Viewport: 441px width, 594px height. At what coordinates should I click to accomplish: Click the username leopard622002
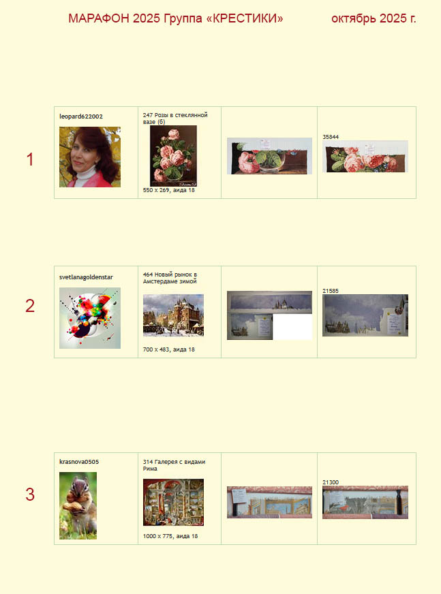[80, 116]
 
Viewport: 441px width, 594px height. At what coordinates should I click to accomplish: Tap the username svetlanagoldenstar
[86, 277]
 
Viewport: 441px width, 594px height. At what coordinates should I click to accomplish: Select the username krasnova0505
[79, 462]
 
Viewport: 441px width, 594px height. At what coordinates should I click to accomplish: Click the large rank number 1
[30, 159]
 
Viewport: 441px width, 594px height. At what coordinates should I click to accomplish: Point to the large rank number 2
[30, 306]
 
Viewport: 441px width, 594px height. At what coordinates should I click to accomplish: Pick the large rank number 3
[30, 495]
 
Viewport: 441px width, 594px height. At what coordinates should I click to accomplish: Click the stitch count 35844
[331, 137]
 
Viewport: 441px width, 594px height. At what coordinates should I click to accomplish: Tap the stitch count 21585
[331, 291]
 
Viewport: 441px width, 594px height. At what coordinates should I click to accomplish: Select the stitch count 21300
[331, 482]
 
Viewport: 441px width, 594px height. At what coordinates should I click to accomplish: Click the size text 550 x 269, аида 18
[169, 190]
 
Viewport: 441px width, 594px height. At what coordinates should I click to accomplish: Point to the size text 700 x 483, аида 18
[169, 349]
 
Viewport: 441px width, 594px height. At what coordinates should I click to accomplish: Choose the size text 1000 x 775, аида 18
[170, 536]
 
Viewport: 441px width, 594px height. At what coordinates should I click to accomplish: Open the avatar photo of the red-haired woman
[90, 157]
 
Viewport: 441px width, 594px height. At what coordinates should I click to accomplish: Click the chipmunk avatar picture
[78, 505]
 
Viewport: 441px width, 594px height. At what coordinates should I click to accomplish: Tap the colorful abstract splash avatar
[90, 318]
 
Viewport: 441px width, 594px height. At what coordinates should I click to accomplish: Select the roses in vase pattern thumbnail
[173, 156]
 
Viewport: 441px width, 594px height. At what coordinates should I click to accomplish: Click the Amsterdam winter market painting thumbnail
[173, 315]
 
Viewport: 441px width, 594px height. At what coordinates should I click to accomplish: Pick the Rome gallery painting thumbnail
[173, 502]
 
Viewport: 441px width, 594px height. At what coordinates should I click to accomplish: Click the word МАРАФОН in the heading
[99, 18]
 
